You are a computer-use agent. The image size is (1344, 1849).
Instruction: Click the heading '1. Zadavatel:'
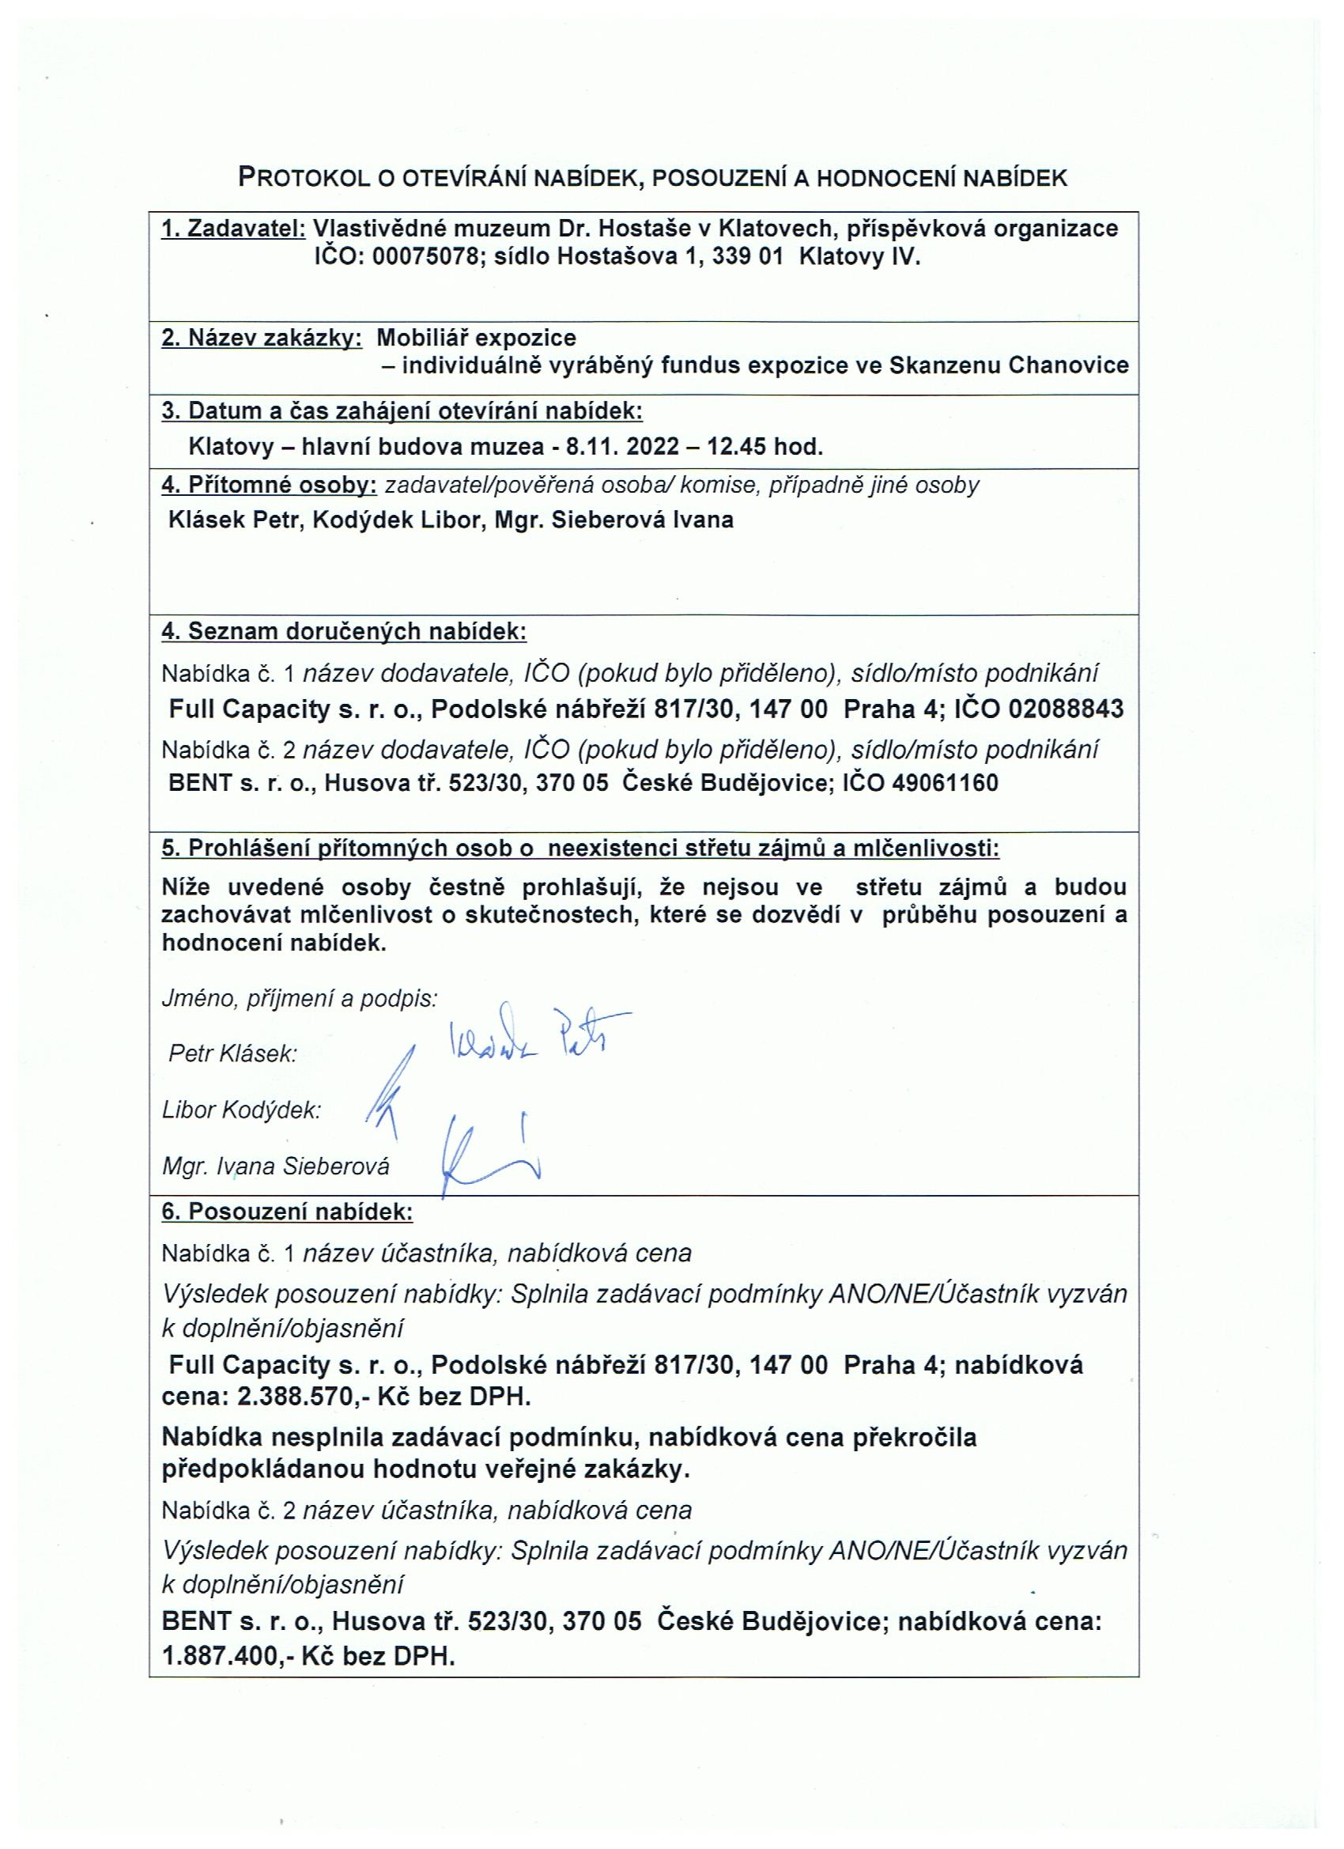pos(233,229)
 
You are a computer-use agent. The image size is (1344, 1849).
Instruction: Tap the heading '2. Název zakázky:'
pos(262,338)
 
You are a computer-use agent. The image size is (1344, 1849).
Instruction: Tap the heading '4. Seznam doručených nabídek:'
pos(344,631)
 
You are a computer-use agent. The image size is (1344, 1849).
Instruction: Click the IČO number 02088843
pos(1065,709)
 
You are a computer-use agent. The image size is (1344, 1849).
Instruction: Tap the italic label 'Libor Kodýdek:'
pos(241,1110)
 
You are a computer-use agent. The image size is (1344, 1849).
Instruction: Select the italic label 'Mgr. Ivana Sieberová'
pos(275,1166)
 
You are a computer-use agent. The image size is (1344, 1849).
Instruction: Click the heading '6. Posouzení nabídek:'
pos(287,1212)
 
